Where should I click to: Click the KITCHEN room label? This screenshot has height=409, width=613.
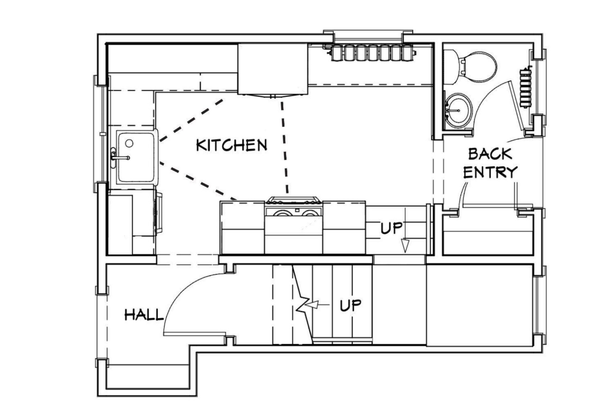231,145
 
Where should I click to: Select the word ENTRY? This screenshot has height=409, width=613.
490,172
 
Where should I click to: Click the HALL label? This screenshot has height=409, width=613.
144,315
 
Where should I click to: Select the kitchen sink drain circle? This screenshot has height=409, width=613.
129,143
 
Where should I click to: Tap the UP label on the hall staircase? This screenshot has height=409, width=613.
350,305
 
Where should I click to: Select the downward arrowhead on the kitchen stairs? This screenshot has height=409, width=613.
405,246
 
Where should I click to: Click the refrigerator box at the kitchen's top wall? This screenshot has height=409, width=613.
272,69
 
